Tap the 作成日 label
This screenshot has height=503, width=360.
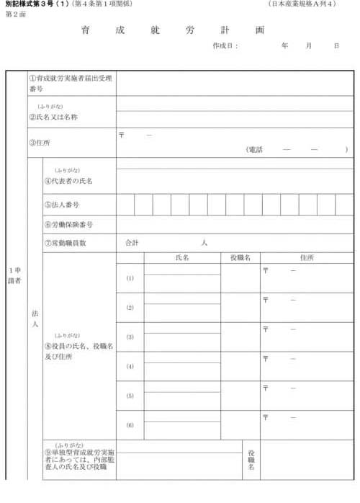click(225, 45)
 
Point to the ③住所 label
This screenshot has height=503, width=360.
click(40, 143)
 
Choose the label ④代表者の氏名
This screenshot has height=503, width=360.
click(68, 180)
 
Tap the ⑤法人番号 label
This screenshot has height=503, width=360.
click(61, 205)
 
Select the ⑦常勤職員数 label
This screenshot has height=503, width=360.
click(66, 243)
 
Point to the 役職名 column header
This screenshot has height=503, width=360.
click(240, 257)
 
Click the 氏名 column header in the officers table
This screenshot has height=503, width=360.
click(181, 257)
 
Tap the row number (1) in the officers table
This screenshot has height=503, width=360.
click(130, 278)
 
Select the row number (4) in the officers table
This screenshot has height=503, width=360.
click(130, 367)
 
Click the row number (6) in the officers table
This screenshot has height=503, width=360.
click(130, 425)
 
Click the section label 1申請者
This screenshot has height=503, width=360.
click(15, 275)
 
